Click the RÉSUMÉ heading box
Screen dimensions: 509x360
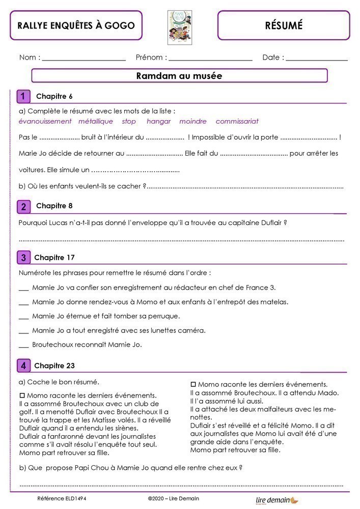point(284,25)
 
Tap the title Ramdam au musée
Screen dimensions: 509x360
point(179,76)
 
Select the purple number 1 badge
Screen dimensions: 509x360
point(23,97)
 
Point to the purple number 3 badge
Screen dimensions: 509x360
point(23,258)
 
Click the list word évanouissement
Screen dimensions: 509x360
point(45,121)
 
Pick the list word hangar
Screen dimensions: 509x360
point(158,121)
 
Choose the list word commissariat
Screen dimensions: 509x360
point(237,121)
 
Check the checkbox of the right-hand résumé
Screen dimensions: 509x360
point(193,384)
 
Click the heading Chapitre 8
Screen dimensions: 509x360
point(54,206)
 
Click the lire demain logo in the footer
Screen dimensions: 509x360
point(277,500)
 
